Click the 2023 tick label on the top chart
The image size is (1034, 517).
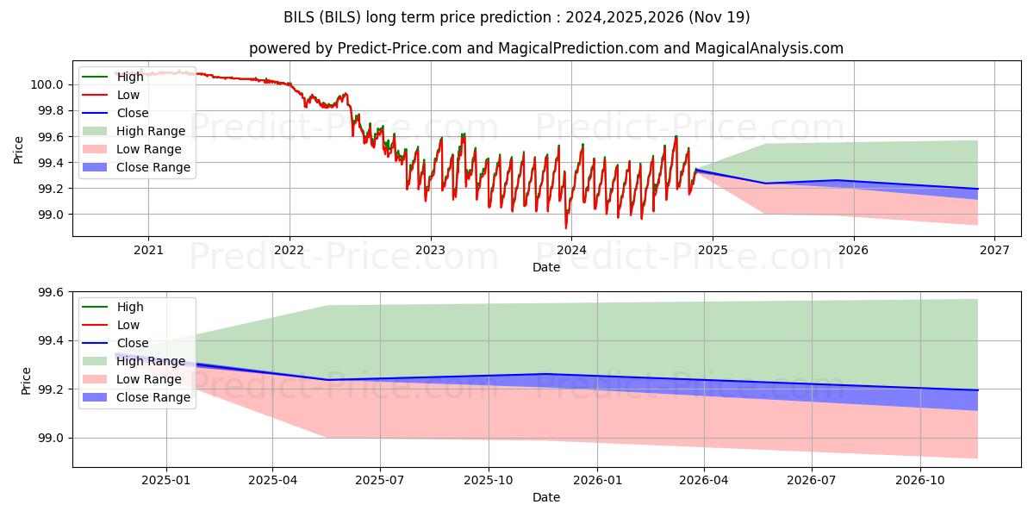[x=430, y=250]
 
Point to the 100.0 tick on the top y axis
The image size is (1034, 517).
[x=47, y=84]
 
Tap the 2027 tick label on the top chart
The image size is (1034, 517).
[x=994, y=250]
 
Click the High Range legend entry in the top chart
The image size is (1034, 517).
[x=150, y=131]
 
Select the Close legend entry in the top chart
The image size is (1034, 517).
[x=132, y=113]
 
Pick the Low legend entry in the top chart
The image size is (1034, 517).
[x=128, y=95]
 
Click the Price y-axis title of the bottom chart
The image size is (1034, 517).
[x=26, y=381]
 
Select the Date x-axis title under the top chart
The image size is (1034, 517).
[x=546, y=267]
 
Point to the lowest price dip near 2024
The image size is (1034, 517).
[x=566, y=227]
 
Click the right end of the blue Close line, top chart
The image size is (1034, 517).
[x=977, y=189]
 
